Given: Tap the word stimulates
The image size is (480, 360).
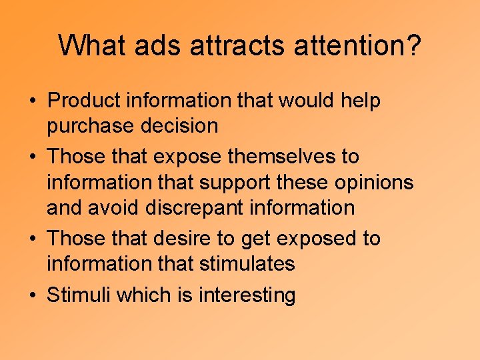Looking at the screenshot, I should click(x=247, y=263).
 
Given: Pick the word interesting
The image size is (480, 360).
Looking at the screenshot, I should click(x=247, y=294).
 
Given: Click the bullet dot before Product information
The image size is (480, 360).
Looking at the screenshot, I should click(x=32, y=102).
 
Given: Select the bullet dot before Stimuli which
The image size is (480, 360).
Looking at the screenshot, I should click(x=32, y=295).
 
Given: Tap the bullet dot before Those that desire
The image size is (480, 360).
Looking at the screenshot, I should click(x=32, y=239).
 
